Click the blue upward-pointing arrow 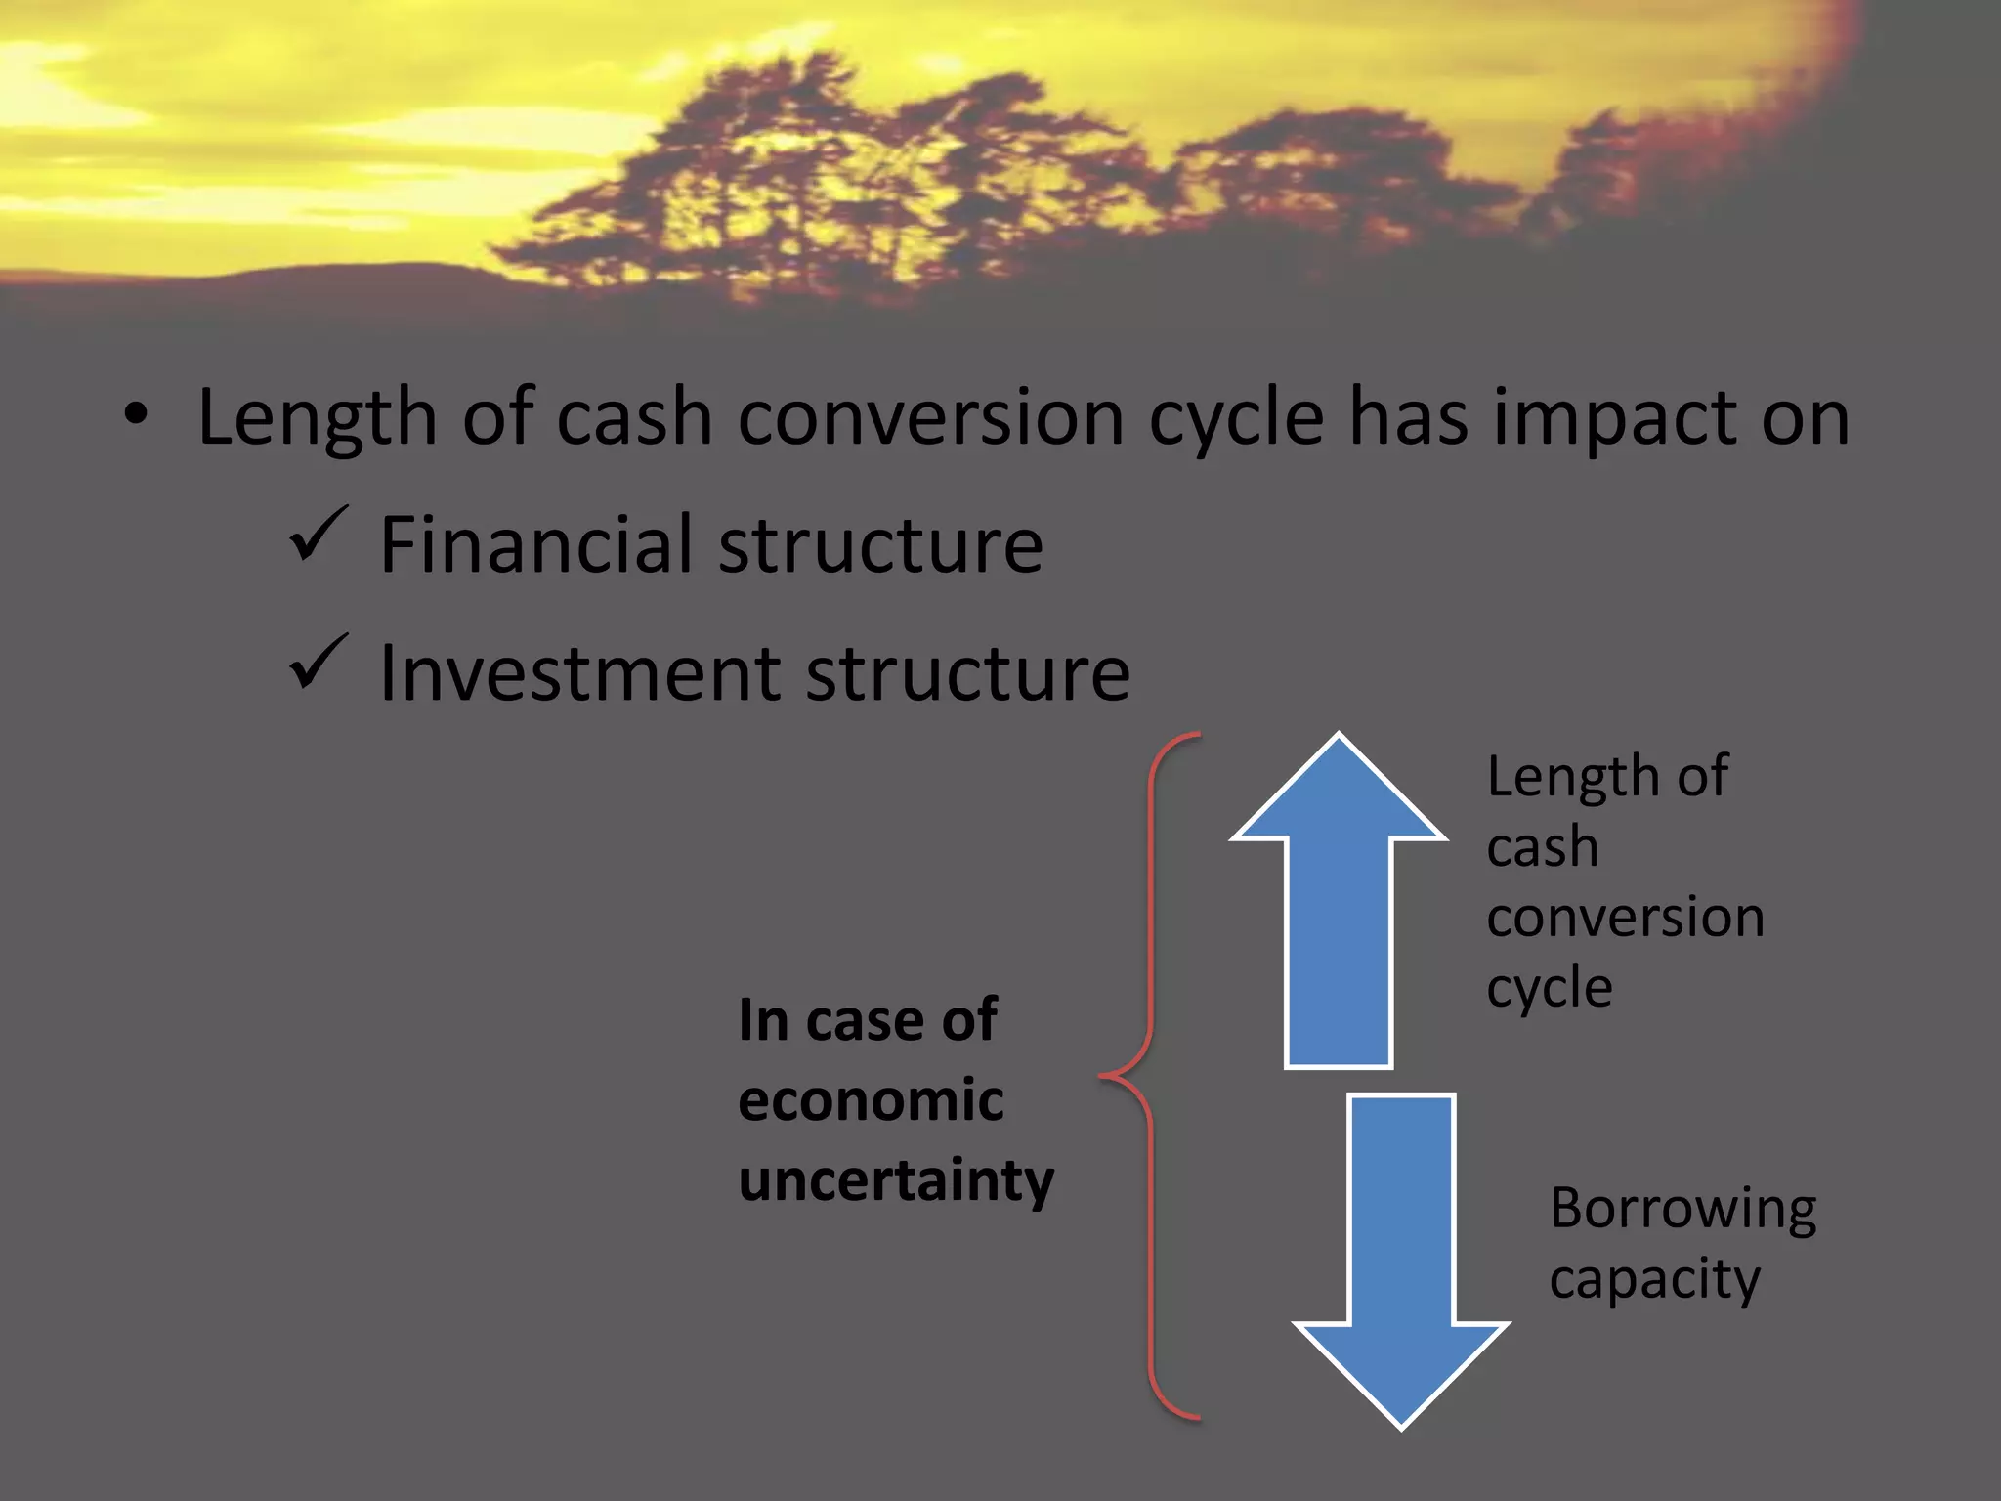(1339, 919)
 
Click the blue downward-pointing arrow (1401, 1261)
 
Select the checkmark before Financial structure (319, 535)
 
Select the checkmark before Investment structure (319, 663)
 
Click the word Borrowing (1682, 1210)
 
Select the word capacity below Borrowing (1654, 1280)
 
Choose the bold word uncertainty (896, 1181)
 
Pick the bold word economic (871, 1100)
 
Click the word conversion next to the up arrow (1625, 918)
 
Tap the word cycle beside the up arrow (1549, 989)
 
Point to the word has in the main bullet (1408, 417)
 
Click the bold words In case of (868, 1020)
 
